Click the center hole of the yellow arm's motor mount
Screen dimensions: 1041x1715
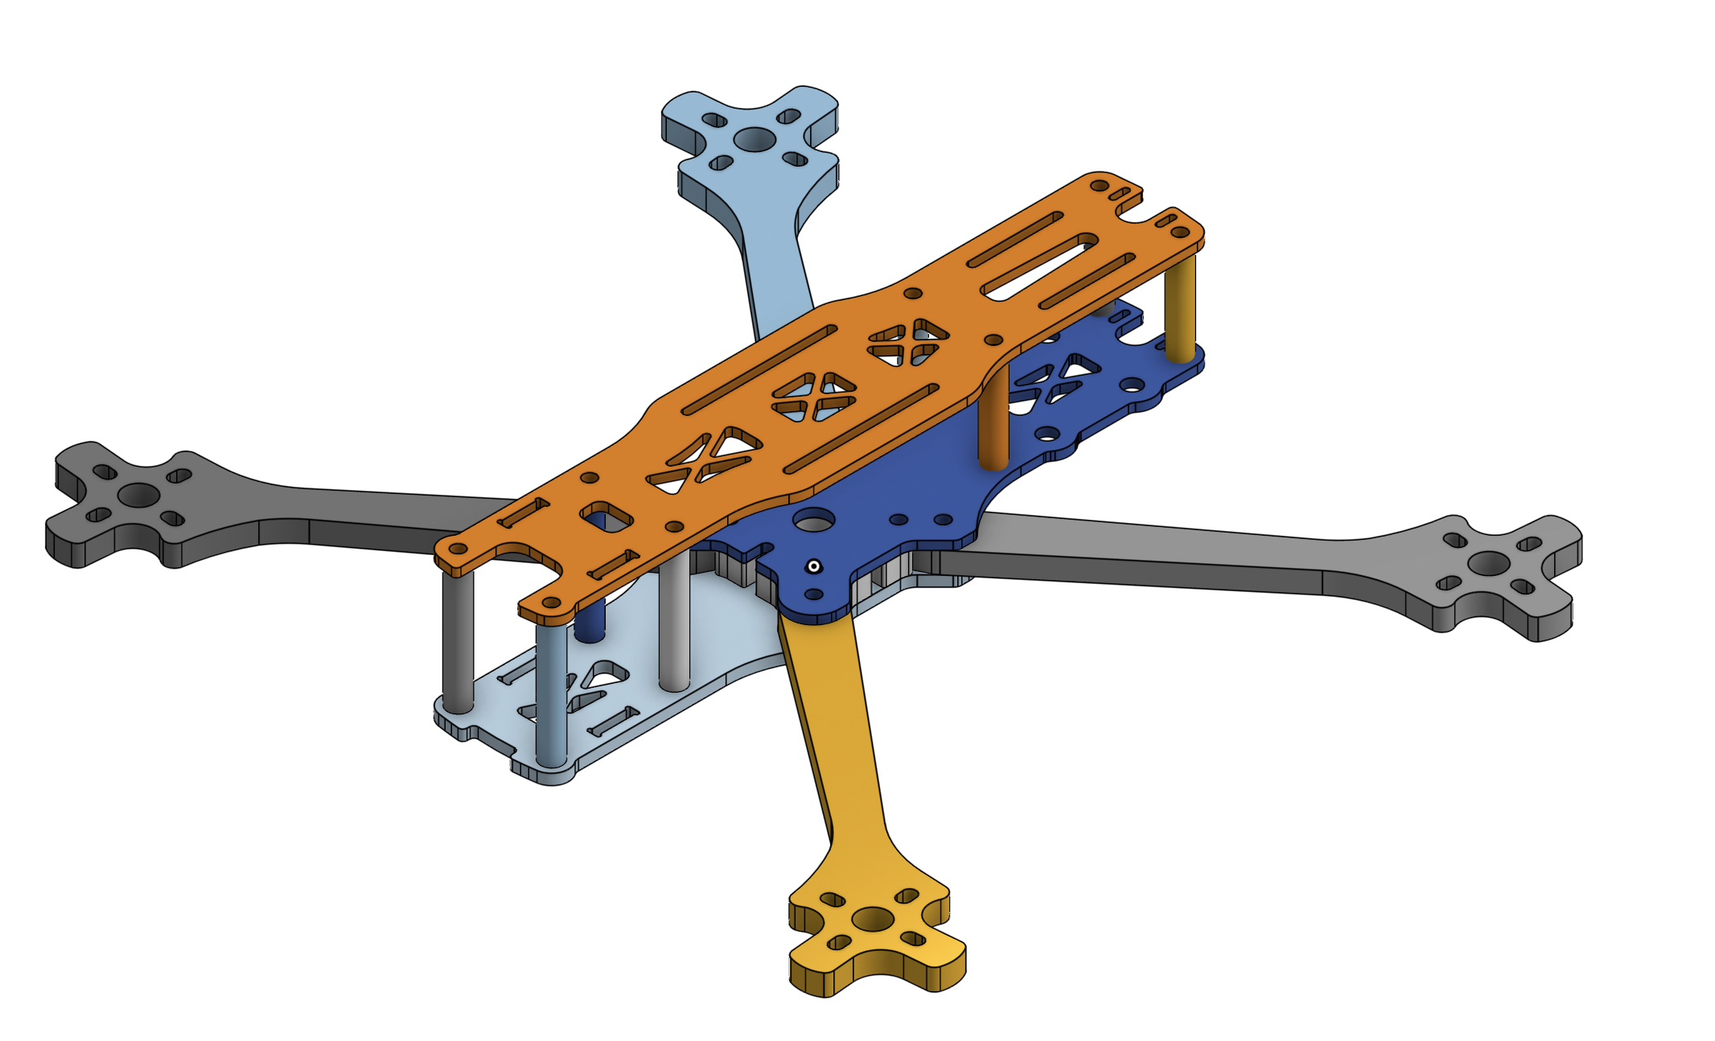[x=873, y=919]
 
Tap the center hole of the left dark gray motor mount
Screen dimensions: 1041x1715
[x=138, y=495]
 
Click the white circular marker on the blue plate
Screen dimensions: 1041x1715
[x=814, y=567]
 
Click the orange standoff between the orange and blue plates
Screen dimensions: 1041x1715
[x=994, y=418]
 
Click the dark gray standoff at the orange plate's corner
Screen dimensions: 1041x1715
[x=458, y=640]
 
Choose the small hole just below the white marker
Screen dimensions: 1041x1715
[x=814, y=595]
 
